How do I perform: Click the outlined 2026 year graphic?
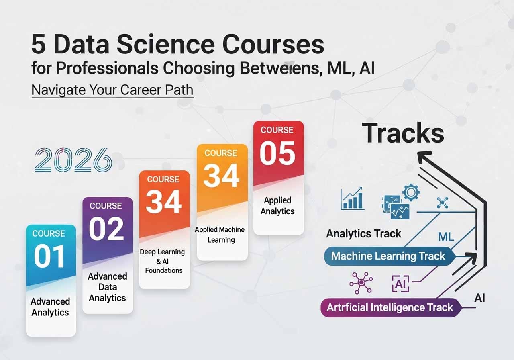point(73,160)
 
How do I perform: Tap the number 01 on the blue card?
point(49,256)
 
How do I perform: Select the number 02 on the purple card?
point(106,229)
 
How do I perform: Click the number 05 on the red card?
point(277,153)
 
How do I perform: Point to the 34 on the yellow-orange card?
point(221,176)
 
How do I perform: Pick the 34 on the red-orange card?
point(164,202)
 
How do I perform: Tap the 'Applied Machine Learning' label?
point(220,235)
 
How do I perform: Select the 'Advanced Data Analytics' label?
point(107,287)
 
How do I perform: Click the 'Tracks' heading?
point(403,133)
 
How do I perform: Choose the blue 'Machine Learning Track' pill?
point(390,256)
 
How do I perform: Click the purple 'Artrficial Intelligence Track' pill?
point(391,308)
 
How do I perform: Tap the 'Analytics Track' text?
point(364,234)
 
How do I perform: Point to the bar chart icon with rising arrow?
point(353,198)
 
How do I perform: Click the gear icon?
point(411,192)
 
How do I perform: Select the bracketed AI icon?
point(401,284)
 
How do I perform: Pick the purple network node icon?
point(361,283)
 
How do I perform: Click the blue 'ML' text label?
point(446,237)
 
